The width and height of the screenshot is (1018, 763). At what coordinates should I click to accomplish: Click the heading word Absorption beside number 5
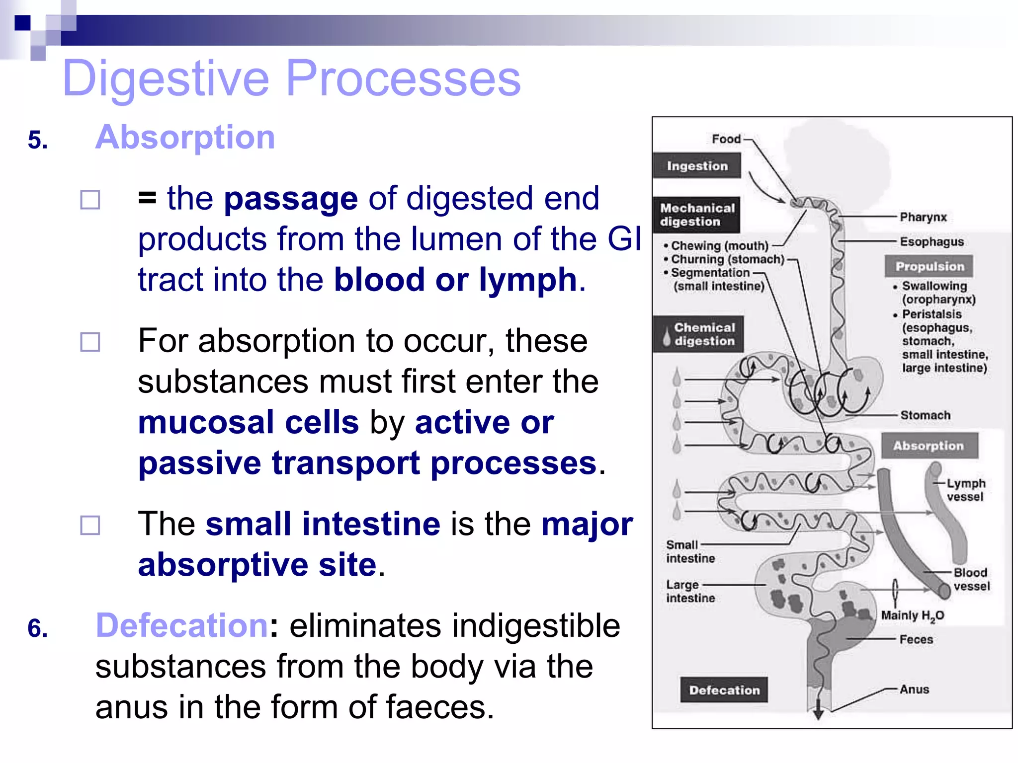(x=185, y=137)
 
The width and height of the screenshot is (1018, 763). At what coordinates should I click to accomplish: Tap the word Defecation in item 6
(x=182, y=625)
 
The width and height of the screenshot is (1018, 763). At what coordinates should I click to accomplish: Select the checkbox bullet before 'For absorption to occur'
(x=90, y=342)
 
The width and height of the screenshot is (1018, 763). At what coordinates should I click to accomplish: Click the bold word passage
(x=291, y=199)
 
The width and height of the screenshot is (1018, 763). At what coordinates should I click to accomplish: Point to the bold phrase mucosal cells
(x=248, y=423)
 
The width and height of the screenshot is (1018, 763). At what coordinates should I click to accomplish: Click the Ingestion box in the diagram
(x=697, y=166)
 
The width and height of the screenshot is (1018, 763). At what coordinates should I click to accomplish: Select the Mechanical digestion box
(x=697, y=215)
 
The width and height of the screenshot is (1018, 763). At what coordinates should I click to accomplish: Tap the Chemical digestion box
(x=699, y=334)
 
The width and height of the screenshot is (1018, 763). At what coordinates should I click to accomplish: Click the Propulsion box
(x=929, y=267)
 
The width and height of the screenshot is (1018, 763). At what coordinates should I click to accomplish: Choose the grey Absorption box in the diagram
(x=929, y=446)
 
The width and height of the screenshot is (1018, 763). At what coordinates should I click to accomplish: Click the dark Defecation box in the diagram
(x=724, y=690)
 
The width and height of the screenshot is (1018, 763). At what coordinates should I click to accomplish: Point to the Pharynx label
(x=923, y=217)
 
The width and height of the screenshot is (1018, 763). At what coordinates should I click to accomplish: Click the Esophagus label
(x=932, y=242)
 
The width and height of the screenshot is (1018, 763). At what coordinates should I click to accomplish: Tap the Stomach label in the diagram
(x=925, y=415)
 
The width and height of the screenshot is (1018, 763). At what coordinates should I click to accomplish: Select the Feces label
(x=916, y=639)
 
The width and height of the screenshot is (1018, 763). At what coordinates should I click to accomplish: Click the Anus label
(x=914, y=689)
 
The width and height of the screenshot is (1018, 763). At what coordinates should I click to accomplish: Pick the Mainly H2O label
(x=912, y=616)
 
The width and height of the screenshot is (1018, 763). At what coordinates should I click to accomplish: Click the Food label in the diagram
(x=726, y=139)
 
